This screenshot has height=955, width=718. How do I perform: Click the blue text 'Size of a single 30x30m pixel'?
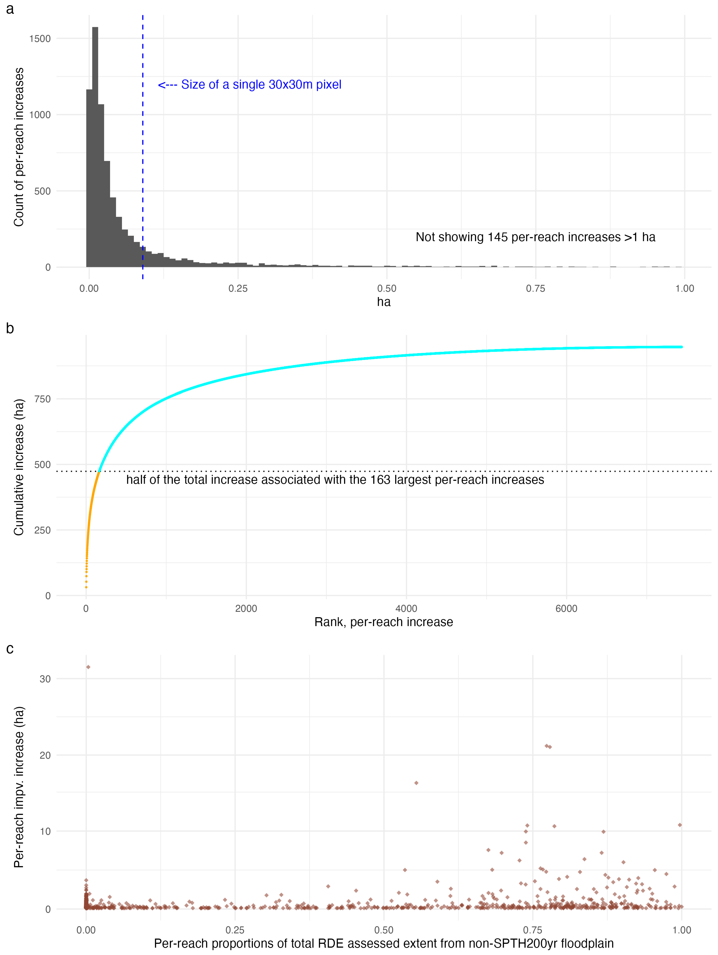click(261, 85)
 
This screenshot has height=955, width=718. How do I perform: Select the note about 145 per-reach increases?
click(535, 237)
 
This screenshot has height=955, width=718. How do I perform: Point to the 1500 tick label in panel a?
click(40, 38)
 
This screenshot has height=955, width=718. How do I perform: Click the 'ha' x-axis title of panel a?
click(384, 302)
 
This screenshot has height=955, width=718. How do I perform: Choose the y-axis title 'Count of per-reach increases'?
click(19, 147)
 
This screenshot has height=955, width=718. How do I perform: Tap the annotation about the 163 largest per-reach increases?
click(335, 480)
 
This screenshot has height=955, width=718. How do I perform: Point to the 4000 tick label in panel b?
click(406, 609)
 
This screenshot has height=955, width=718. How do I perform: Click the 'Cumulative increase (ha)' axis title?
click(19, 467)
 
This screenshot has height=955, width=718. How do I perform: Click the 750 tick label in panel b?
click(42, 399)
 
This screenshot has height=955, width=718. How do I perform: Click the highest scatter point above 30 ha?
click(88, 667)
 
